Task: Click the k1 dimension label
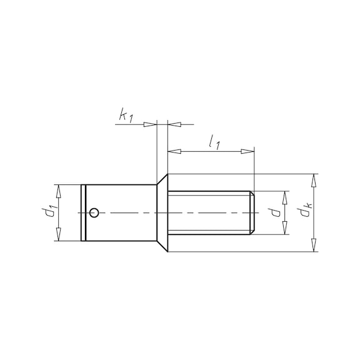[125, 115]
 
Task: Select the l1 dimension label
[214, 143]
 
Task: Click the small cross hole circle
[93, 213]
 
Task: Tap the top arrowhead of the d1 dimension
[58, 190]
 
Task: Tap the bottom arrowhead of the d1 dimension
[58, 236]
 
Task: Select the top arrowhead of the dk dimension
[314, 179]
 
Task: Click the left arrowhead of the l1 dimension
[173, 151]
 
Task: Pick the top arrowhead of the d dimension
[286, 196]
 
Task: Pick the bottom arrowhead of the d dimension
[286, 229]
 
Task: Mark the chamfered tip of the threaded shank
[252, 213]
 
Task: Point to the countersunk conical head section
[162, 213]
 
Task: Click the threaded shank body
[209, 213]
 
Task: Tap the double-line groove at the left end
[84, 213]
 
